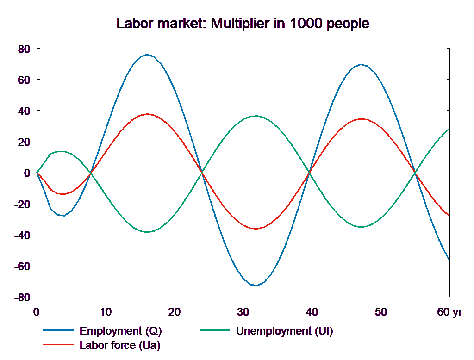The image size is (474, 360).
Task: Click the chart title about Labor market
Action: pos(243,24)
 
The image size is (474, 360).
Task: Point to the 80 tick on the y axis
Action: pos(24,49)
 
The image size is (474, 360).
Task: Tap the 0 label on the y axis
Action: pos(27,173)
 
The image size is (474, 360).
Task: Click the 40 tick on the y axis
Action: pos(24,111)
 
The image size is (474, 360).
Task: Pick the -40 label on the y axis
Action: pos(23,235)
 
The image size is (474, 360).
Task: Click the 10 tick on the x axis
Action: pos(106,312)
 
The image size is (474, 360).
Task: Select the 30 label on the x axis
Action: pos(243,312)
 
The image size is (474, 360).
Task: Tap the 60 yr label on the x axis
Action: pos(449,312)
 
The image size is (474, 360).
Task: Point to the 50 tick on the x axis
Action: pos(381,312)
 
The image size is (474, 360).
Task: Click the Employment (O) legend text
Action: pos(121,331)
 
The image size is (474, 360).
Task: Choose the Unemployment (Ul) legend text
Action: pos(284,331)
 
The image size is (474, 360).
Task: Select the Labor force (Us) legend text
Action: pos(120,345)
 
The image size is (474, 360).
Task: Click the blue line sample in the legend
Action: pos(59,331)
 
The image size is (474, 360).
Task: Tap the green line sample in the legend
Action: pos(215,331)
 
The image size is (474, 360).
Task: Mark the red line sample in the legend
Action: pos(59,345)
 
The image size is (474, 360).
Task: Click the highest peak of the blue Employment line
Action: pos(147,55)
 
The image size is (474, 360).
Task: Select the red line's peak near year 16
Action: pos(147,114)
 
